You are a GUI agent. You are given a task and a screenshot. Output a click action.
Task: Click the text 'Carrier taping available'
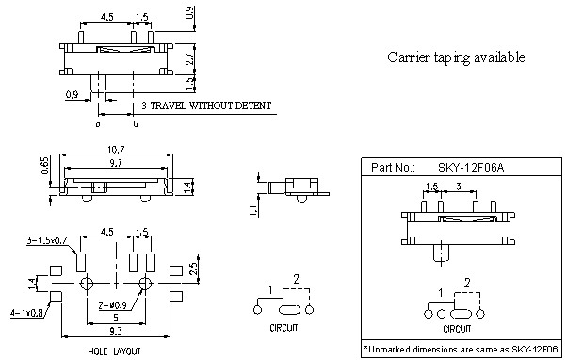[x=456, y=57]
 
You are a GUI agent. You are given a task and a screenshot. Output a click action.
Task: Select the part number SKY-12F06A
[x=471, y=168]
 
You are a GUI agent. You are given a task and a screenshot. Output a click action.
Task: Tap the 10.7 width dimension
[x=116, y=150]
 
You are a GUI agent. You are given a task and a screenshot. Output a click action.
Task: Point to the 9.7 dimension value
[x=116, y=163]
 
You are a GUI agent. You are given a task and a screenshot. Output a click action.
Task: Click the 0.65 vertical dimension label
[x=44, y=165]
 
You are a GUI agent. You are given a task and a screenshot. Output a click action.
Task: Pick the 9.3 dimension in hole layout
[x=116, y=331]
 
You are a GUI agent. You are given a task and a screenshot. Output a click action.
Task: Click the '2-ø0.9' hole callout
[x=112, y=305]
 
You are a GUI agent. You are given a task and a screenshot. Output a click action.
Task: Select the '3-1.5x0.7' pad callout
[x=47, y=240]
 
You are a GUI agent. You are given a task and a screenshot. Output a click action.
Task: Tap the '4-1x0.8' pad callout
[x=26, y=313]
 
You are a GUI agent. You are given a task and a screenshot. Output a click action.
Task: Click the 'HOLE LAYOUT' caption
[x=114, y=352]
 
